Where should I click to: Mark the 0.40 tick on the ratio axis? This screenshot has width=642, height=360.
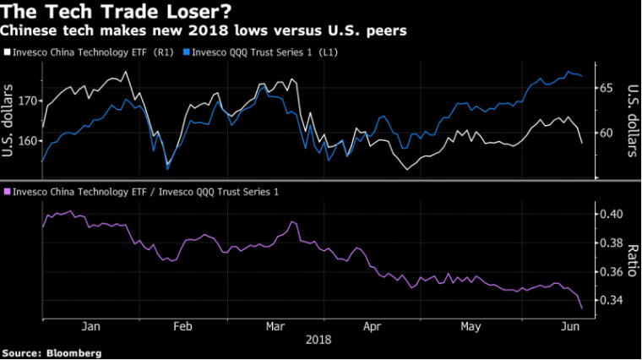point(609,215)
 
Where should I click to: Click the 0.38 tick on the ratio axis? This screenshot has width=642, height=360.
point(609,243)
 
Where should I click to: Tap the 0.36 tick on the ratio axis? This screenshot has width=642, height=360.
point(609,272)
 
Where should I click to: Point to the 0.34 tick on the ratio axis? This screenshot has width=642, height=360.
point(609,301)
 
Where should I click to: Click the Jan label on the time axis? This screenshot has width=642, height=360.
point(91,325)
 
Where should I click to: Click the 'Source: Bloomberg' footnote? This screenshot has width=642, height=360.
point(52,352)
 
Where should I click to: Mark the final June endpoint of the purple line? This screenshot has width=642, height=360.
point(582,308)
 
